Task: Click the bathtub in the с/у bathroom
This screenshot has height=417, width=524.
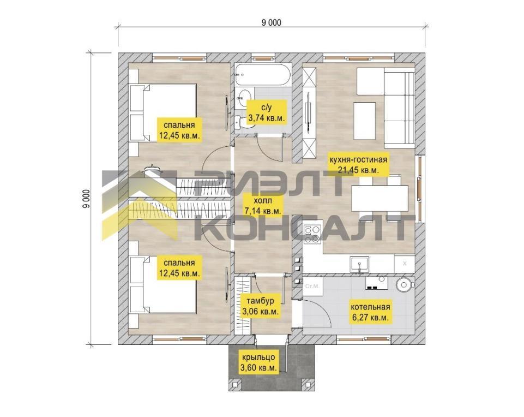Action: click(x=262, y=75)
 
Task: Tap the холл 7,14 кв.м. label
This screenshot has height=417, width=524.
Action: click(x=263, y=205)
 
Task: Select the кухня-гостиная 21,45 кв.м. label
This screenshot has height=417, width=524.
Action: click(x=358, y=164)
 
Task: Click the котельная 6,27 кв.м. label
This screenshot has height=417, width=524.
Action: click(x=370, y=312)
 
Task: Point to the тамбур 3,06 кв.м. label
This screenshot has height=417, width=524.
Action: click(x=260, y=306)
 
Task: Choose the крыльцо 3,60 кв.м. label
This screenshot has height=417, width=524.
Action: click(x=258, y=362)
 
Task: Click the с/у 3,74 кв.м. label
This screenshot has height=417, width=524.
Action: click(x=266, y=112)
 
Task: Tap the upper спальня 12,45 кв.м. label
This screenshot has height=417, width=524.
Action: click(x=180, y=130)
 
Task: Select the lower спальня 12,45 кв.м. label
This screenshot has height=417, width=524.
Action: click(x=180, y=267)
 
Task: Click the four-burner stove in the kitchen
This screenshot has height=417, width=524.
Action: click(x=312, y=234)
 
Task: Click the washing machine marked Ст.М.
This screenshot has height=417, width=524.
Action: click(x=312, y=286)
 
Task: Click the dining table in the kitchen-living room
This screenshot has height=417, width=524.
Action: click(x=380, y=198)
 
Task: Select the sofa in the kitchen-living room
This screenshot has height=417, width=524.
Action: click(x=399, y=108)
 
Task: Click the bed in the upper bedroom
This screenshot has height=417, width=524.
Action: click(x=162, y=112)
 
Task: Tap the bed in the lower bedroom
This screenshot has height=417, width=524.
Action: click(x=162, y=284)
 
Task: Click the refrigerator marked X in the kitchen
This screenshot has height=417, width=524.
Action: click(x=405, y=264)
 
